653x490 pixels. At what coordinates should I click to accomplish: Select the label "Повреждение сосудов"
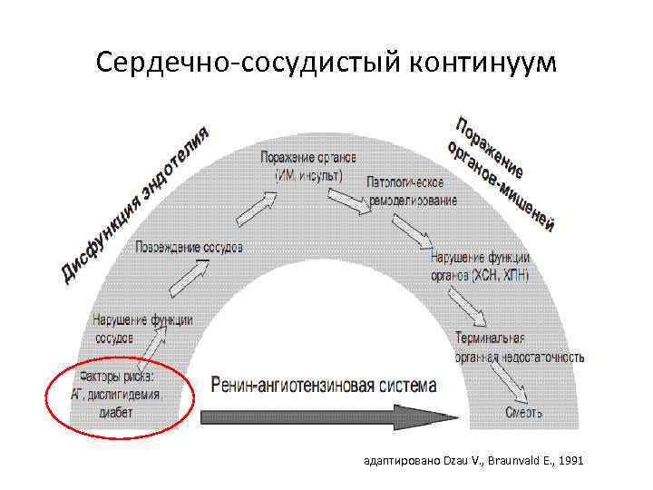point(190,247)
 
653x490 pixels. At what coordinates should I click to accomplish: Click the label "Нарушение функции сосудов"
point(142,328)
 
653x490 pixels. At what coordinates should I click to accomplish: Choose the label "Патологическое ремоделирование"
point(413,191)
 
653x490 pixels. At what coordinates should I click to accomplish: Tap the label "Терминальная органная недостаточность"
point(520,348)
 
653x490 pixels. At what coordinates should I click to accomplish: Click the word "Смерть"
point(524,414)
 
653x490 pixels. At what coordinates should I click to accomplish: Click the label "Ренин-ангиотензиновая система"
point(324,385)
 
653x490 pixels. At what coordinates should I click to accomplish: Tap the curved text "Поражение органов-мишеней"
point(502,171)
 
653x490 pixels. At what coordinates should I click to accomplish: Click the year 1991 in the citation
point(572,461)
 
